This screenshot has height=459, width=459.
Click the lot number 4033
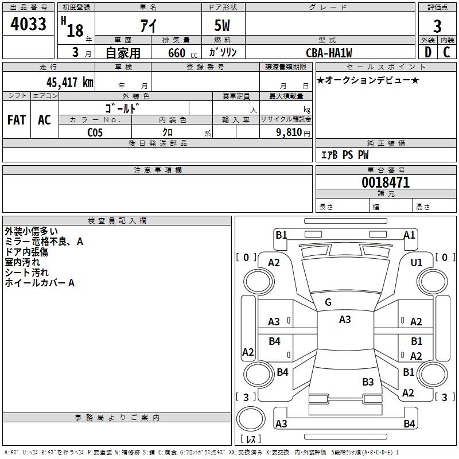[x=28, y=24]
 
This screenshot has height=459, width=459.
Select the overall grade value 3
[x=437, y=26]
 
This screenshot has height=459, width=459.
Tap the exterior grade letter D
[x=428, y=52]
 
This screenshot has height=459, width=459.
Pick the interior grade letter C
[x=446, y=52]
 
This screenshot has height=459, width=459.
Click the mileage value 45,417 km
[x=70, y=82]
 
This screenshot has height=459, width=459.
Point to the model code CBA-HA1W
[x=329, y=53]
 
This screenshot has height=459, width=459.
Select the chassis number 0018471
[x=386, y=182]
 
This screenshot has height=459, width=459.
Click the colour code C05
[x=95, y=133]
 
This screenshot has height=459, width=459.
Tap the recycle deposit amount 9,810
[x=289, y=133]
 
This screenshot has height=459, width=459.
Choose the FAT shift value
[x=17, y=120]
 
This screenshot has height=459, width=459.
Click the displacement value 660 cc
[x=182, y=53]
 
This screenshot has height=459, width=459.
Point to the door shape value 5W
[x=222, y=25]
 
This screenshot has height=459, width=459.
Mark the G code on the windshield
[x=328, y=302]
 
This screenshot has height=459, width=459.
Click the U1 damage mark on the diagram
[x=417, y=263]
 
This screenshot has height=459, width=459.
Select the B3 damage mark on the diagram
[x=368, y=382]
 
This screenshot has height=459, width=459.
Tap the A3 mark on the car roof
[x=345, y=320]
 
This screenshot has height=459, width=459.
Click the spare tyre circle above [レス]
[x=251, y=418]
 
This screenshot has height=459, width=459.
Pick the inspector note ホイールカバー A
[x=40, y=283]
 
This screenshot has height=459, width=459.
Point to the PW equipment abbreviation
[x=363, y=155]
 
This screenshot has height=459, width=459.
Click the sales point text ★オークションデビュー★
[x=368, y=80]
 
